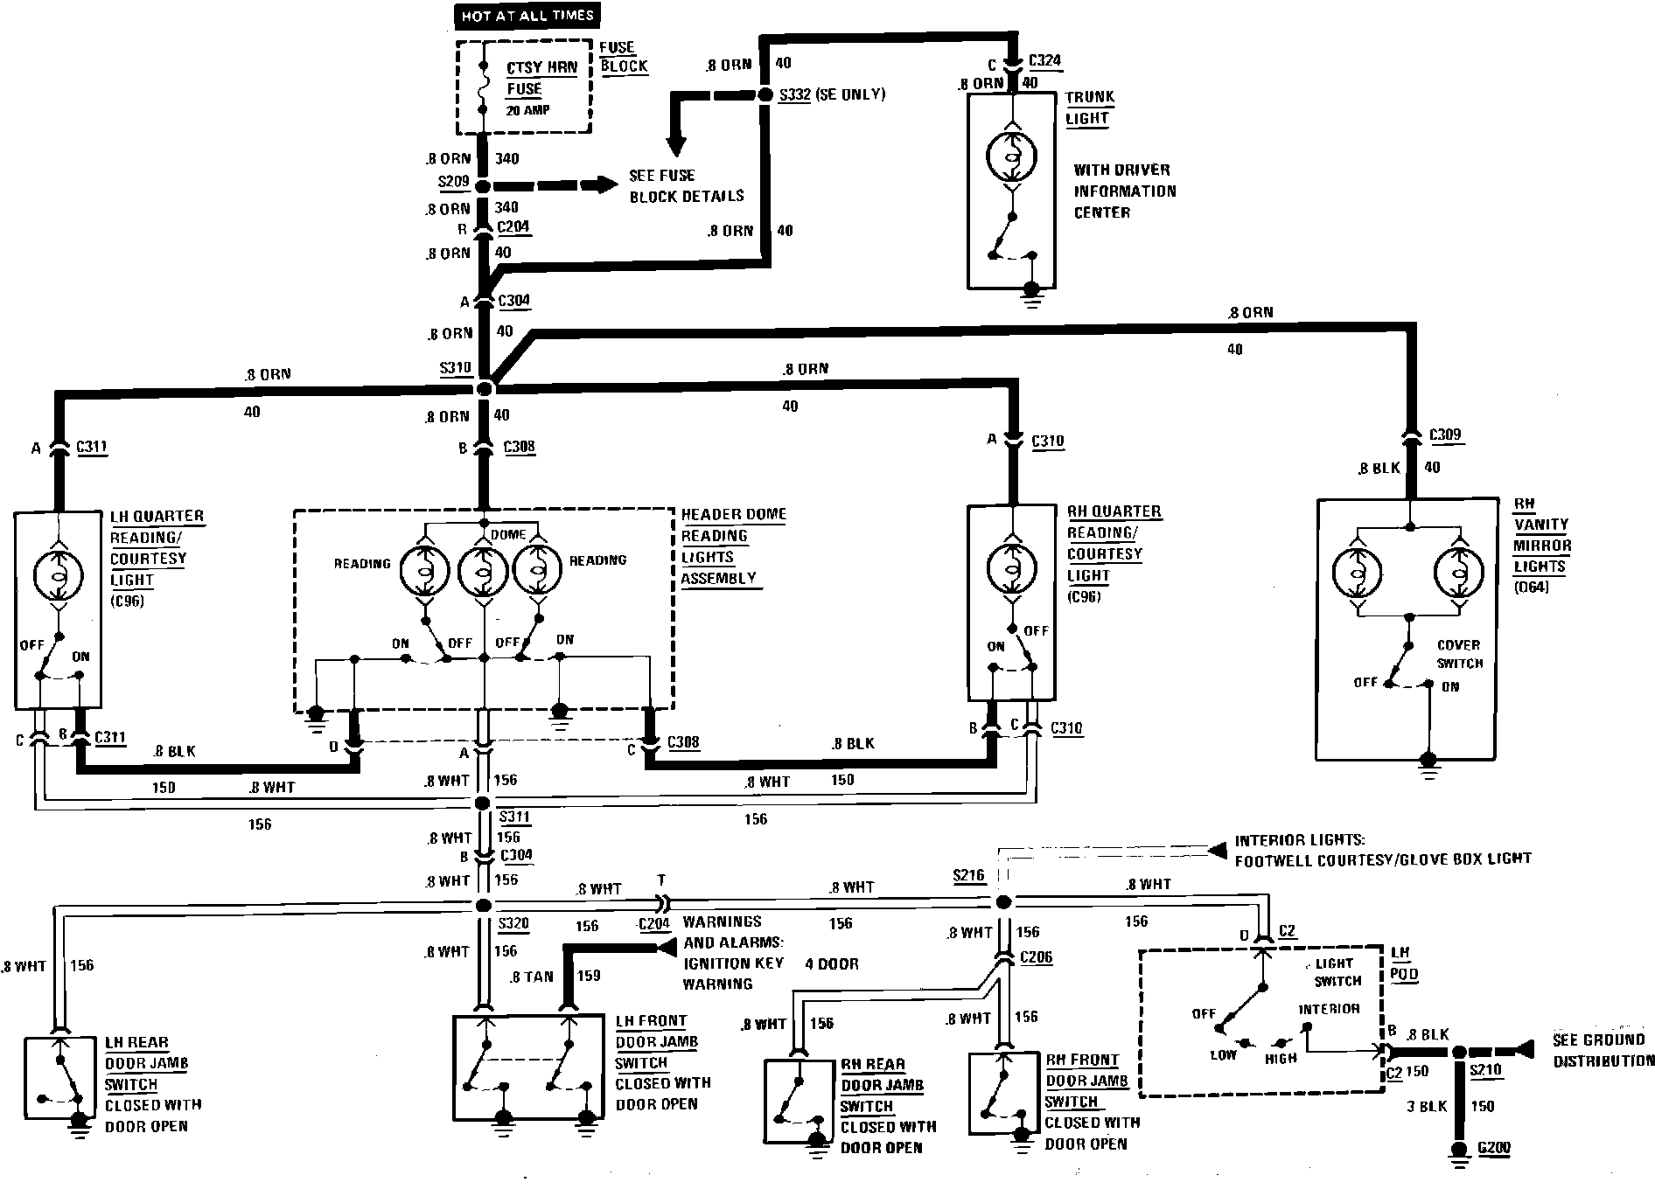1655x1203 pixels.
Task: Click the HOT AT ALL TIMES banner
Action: pos(527,15)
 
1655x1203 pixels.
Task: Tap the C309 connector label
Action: pos(1445,435)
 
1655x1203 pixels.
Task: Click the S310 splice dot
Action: pos(484,387)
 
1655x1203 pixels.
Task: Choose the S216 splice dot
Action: pos(1003,901)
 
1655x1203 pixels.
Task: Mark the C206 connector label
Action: pos(1037,957)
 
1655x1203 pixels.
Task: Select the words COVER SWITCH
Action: pos(1459,654)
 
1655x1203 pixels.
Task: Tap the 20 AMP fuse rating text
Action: pos(528,111)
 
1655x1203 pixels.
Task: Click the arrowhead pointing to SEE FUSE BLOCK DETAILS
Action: pos(607,184)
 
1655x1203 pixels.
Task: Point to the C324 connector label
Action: pos(1045,60)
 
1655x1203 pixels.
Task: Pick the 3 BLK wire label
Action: pos(1427,1106)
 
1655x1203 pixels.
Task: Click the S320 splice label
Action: pos(513,923)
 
